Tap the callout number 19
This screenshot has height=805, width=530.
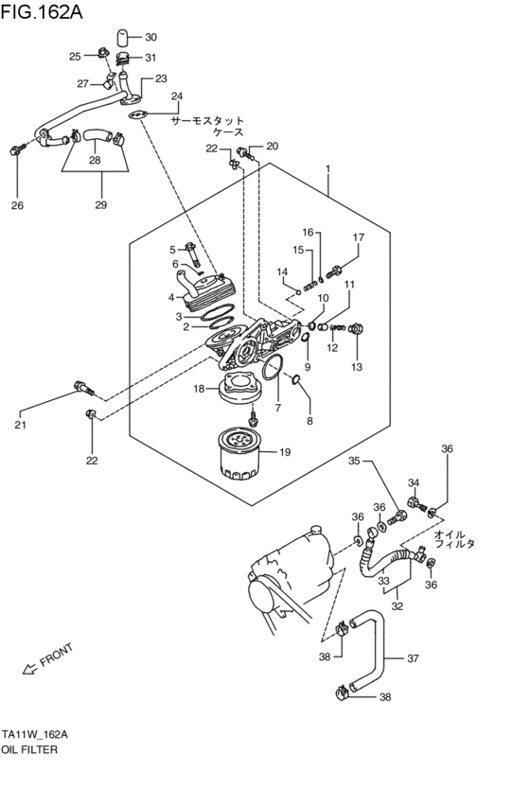click(285, 451)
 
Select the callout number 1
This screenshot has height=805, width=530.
click(327, 170)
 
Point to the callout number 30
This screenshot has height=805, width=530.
click(151, 37)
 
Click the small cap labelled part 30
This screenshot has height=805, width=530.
click(123, 38)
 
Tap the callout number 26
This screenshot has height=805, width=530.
click(16, 205)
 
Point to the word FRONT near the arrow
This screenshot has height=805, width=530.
click(57, 656)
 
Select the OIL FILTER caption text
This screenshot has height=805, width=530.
click(30, 749)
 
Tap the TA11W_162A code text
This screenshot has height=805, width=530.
click(35, 734)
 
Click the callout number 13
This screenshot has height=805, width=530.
click(357, 366)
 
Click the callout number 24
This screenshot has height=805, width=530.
click(176, 96)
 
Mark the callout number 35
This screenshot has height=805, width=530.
click(354, 462)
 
